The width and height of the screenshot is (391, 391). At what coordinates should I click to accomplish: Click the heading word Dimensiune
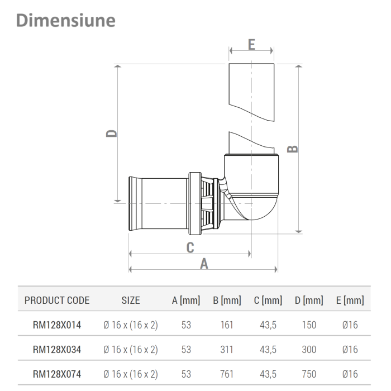point(66,20)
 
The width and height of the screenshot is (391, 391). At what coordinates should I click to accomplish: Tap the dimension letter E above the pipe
point(251,45)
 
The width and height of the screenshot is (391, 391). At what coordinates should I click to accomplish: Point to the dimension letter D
point(112,132)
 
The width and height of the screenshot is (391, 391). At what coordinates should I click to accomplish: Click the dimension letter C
point(190,247)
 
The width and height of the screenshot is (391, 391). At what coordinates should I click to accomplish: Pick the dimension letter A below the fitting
point(204,264)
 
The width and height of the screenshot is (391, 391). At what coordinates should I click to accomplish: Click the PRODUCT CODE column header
point(57,301)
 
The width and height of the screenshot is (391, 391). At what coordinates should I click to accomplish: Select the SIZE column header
point(130,301)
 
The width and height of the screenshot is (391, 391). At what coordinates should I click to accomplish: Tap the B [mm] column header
point(227,301)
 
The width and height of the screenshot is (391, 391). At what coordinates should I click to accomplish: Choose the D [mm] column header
point(309,301)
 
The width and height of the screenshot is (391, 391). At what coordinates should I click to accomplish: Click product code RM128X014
point(57,325)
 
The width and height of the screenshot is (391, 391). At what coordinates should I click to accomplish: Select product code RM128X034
point(57,350)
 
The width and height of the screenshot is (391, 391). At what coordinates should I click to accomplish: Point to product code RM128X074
point(57,374)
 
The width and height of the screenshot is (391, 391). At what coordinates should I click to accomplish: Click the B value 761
point(227,374)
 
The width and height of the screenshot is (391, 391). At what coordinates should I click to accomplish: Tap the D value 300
point(309,350)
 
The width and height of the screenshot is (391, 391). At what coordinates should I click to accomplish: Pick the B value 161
point(227,325)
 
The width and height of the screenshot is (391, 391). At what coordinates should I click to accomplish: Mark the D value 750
point(309,374)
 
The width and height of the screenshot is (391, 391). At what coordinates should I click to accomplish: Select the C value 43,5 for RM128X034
point(268,350)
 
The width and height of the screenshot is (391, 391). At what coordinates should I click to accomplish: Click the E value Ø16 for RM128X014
point(350,325)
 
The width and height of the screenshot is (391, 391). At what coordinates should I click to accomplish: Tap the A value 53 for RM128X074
point(186,374)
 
